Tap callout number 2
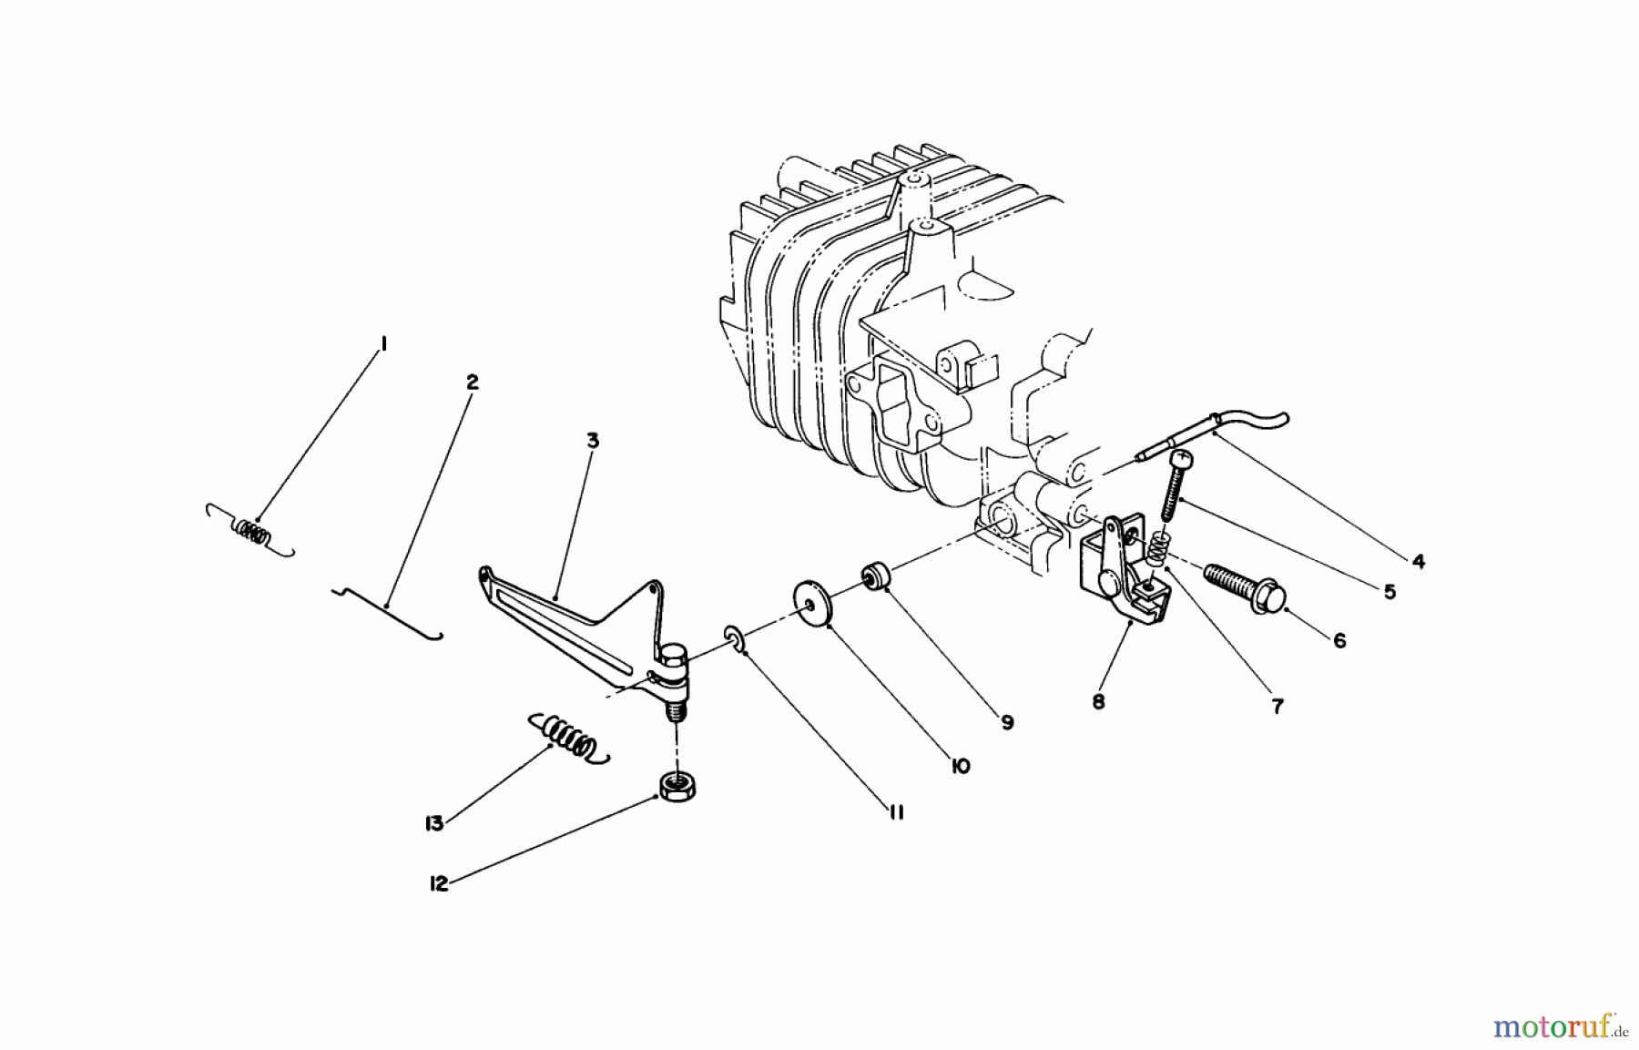coord(472,382)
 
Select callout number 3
coord(593,441)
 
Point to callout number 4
coord(1418,562)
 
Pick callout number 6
coord(1339,640)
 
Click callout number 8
coord(1098,702)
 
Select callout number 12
coord(439,883)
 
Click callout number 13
coord(433,823)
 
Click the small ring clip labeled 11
coord(735,640)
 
